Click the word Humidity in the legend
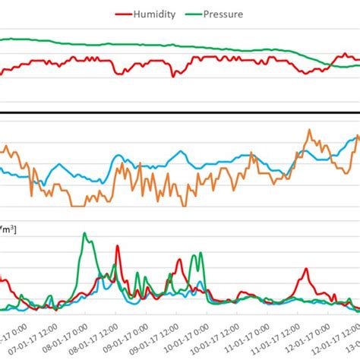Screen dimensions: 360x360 pyautogui.click(x=156, y=13)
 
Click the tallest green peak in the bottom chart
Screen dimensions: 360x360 pyautogui.click(x=85, y=235)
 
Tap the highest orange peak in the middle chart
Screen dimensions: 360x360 pyautogui.click(x=309, y=131)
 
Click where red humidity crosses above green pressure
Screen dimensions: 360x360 pyautogui.click(x=330, y=66)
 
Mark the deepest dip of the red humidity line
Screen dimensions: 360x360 pyautogui.click(x=173, y=76)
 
